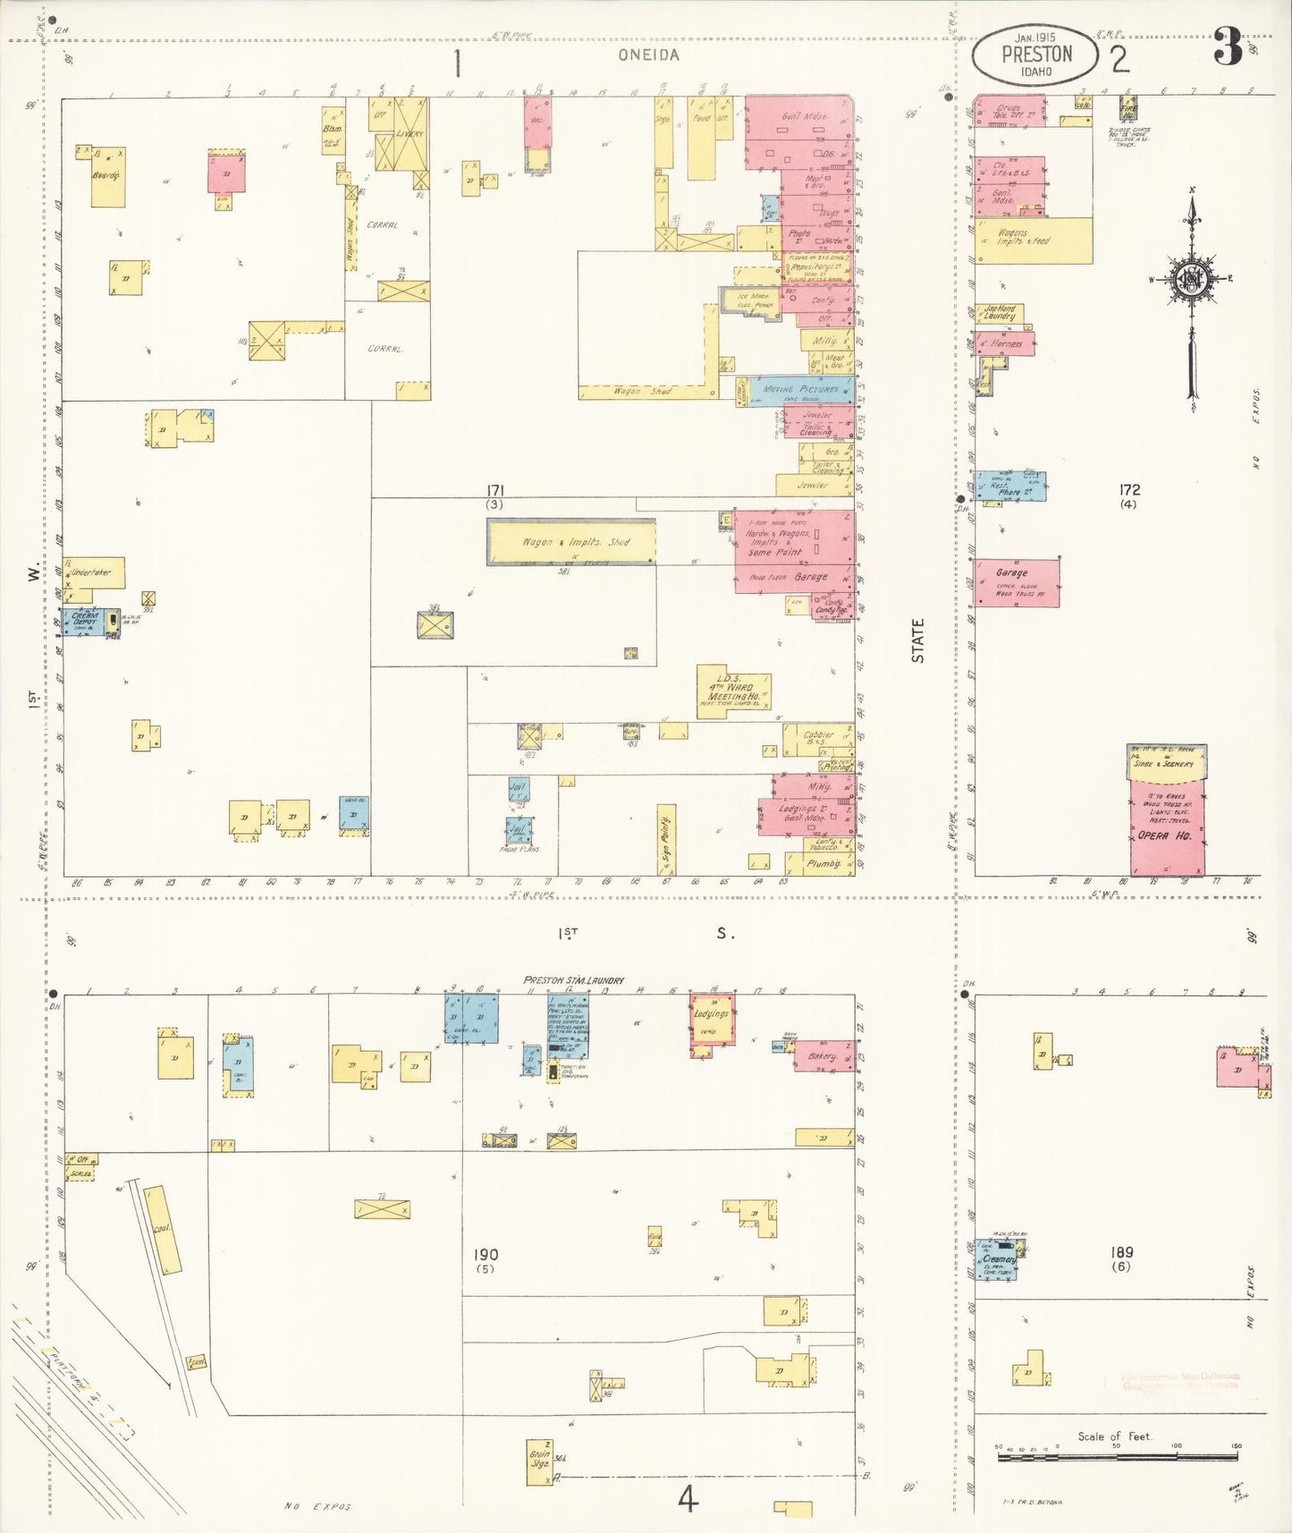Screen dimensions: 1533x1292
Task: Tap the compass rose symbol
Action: tap(1193, 279)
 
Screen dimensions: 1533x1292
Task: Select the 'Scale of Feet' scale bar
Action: tap(1118, 1457)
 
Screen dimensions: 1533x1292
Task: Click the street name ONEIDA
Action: tap(648, 55)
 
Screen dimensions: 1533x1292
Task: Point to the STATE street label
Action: tap(917, 640)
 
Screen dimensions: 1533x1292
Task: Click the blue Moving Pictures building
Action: tap(801, 390)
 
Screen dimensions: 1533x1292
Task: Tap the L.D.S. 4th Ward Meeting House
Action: tap(733, 691)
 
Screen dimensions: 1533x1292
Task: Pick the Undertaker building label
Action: tap(93, 572)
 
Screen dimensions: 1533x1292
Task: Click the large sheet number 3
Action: tap(1229, 47)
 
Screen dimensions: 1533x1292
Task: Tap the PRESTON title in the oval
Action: tap(1036, 55)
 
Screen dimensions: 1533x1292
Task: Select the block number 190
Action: tap(486, 1255)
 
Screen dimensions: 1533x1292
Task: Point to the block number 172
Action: tap(1129, 490)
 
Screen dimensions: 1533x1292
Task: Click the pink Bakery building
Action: tap(823, 1056)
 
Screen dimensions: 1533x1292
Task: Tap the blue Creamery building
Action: tap(997, 1260)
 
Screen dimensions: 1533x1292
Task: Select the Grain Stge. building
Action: tap(540, 1461)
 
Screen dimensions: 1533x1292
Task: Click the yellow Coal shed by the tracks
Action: tap(164, 1230)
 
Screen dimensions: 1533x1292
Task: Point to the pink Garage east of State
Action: tap(1017, 582)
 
